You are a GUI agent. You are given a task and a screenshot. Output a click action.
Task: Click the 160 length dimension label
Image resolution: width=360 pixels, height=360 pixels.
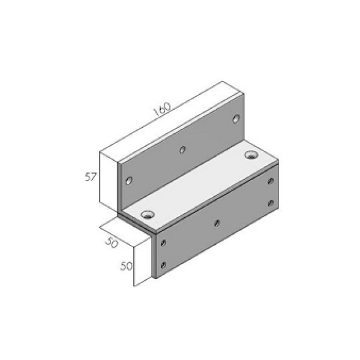coord(163,109)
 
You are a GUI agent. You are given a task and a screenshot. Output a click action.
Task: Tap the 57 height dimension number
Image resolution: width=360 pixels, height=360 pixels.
coord(90,177)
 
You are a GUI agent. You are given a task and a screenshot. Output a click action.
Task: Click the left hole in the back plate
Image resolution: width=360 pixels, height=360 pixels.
coord(129,179)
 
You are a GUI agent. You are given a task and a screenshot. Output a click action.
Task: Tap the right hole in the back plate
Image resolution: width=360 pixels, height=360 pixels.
coord(236,118)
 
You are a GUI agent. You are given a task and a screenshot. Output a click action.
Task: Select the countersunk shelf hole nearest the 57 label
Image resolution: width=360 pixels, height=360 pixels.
coord(147,214)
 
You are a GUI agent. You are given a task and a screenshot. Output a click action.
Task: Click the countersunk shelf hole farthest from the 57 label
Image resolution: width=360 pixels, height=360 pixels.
coord(250,156)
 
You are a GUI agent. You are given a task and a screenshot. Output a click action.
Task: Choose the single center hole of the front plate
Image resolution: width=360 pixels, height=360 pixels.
coord(217,223)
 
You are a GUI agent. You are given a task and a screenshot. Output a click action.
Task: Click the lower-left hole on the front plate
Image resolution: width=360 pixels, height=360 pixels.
coord(163,264)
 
